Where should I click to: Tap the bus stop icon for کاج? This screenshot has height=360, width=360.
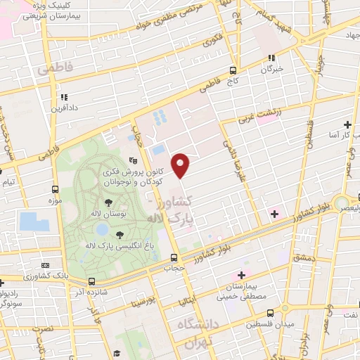(233, 70)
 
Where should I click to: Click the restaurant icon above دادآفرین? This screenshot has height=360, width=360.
(63, 97)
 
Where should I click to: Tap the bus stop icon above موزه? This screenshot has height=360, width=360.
(55, 189)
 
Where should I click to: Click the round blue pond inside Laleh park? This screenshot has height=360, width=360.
(103, 229)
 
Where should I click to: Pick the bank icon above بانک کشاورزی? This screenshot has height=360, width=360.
(46, 266)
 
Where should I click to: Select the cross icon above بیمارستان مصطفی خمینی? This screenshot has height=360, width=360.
(242, 275)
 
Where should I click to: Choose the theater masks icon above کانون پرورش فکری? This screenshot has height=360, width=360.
(134, 161)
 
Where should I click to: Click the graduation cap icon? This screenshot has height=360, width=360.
(118, 352)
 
